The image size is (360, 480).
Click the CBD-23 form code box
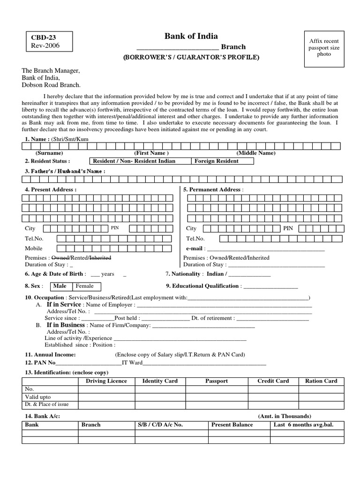click(x=49, y=42)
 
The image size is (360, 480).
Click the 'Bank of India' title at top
click(x=191, y=36)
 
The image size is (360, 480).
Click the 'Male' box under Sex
click(x=60, y=286)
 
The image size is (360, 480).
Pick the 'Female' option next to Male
click(x=85, y=286)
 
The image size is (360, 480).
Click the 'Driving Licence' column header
click(x=106, y=381)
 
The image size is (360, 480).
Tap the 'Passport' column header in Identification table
click(x=217, y=381)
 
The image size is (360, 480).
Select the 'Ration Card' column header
click(x=321, y=381)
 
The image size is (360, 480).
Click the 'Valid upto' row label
click(x=38, y=397)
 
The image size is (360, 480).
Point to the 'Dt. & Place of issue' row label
click(x=46, y=404)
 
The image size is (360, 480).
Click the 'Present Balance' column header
click(x=232, y=425)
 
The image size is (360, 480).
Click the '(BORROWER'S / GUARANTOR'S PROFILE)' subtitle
click(x=191, y=57)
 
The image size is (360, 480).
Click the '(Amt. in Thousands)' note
click(x=284, y=416)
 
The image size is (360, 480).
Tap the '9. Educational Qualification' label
click(x=202, y=286)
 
